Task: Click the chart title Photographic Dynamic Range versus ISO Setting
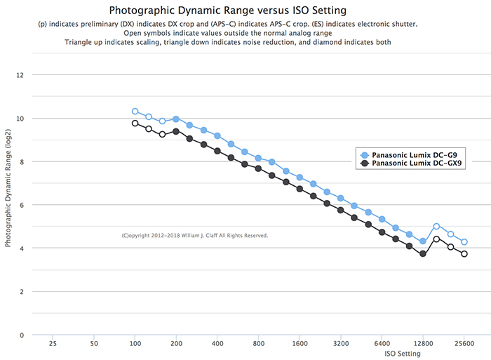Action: [227, 11]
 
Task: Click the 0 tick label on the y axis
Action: [21, 335]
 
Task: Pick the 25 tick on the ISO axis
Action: [53, 345]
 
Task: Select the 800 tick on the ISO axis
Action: [258, 345]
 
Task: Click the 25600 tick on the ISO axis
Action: [464, 345]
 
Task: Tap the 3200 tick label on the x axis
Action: [340, 345]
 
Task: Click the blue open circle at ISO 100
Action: [135, 111]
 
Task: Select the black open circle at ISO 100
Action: [135, 123]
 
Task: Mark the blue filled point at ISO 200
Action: [176, 119]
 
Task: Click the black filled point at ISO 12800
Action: [423, 254]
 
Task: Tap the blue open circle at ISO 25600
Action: [464, 242]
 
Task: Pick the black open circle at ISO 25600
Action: [464, 254]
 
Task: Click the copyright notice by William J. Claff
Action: [194, 236]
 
